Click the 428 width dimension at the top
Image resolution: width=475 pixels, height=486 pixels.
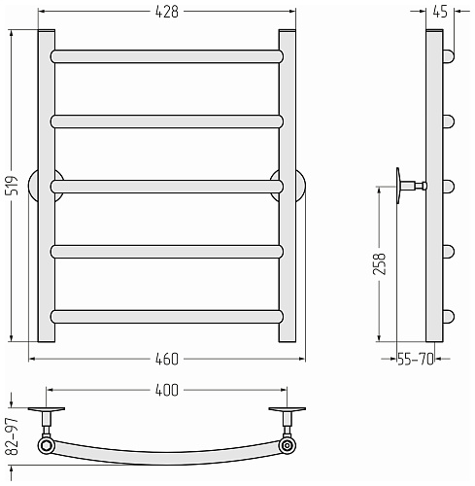[167, 12]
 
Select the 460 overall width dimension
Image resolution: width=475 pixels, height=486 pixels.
[167, 359]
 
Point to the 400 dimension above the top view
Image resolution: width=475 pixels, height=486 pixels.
[167, 390]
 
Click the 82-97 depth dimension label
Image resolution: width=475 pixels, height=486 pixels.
[14, 436]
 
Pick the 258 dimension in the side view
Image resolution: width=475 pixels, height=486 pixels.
[380, 264]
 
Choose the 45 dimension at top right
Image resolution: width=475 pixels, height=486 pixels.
[440, 12]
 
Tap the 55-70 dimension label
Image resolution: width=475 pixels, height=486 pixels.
[416, 359]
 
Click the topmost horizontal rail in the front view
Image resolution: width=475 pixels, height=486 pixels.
[167, 56]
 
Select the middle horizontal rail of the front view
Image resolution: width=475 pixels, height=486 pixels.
[167, 187]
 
